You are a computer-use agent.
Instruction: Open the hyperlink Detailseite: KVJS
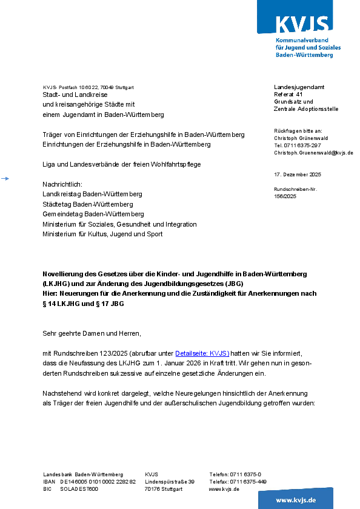tap(202, 353)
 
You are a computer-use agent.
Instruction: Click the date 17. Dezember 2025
tap(298, 175)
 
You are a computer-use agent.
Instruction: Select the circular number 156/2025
tap(285, 196)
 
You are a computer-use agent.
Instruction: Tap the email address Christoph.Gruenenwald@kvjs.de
tap(313, 153)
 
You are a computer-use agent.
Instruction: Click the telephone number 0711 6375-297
tap(302, 145)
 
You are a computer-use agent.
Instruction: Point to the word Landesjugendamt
tap(299, 87)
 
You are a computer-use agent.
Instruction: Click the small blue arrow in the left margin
tap(5, 178)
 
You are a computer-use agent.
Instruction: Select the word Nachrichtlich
tap(62, 184)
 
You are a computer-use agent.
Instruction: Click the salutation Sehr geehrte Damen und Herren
tap(92, 333)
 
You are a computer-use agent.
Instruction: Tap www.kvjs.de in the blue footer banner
tap(296, 500)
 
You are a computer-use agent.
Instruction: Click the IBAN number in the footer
tap(98, 482)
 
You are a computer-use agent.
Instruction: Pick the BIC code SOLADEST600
tap(79, 489)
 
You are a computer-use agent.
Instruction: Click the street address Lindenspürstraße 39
tap(170, 482)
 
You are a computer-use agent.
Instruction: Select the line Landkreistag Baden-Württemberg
tap(92, 194)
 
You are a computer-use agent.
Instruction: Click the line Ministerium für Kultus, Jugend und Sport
tap(102, 234)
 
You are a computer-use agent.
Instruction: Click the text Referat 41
tap(288, 95)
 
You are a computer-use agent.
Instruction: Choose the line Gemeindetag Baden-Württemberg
tap(93, 214)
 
